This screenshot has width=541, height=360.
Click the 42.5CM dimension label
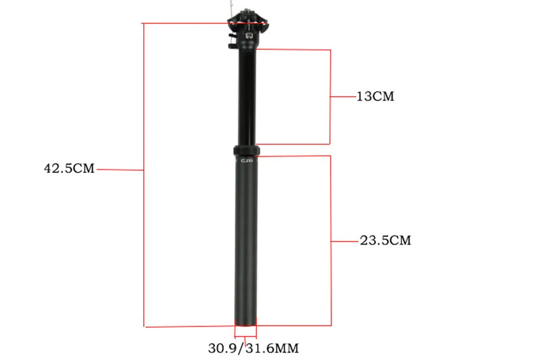(x=69, y=168)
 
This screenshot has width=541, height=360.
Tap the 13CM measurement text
(x=375, y=96)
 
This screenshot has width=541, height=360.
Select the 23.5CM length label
(x=385, y=241)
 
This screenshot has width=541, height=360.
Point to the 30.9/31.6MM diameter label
(x=253, y=348)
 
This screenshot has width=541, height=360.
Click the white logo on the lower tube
(x=247, y=161)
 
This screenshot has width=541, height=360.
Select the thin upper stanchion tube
(x=248, y=96)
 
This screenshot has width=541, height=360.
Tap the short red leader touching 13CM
(x=343, y=97)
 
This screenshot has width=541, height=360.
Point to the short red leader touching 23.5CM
(x=344, y=241)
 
